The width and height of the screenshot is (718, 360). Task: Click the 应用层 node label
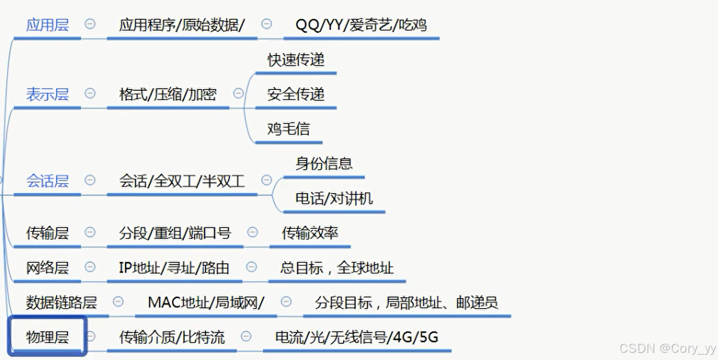[x=47, y=25]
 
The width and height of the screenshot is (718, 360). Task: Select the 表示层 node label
[x=47, y=95]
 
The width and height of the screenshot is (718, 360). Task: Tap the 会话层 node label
[x=47, y=181]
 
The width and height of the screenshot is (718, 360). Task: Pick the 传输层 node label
[x=47, y=233]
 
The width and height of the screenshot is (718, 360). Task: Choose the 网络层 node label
[x=47, y=268]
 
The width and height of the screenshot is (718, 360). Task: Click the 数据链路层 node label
[x=61, y=303]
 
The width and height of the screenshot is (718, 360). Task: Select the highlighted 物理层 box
[x=47, y=337]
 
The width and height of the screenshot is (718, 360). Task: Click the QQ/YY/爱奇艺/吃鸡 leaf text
[x=361, y=25]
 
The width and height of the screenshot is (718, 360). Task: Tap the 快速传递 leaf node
[x=296, y=60]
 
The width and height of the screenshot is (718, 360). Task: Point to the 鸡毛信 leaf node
[x=288, y=129]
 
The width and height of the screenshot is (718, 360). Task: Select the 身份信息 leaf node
[x=324, y=164]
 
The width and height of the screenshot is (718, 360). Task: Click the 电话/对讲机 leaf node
[x=334, y=199]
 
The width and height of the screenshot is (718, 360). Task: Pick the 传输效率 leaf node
[x=310, y=233]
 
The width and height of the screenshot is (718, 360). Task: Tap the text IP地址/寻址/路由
[x=174, y=268]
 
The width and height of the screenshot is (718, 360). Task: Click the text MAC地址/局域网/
[x=206, y=303]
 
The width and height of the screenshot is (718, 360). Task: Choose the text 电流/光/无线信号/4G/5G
[x=357, y=337]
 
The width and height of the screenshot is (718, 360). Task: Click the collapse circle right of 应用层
[x=90, y=24]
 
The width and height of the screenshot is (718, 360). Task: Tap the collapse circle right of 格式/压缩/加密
[x=238, y=93]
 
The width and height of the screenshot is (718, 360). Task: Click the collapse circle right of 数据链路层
[x=118, y=301]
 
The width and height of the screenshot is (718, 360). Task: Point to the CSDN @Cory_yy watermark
[x=667, y=349]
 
